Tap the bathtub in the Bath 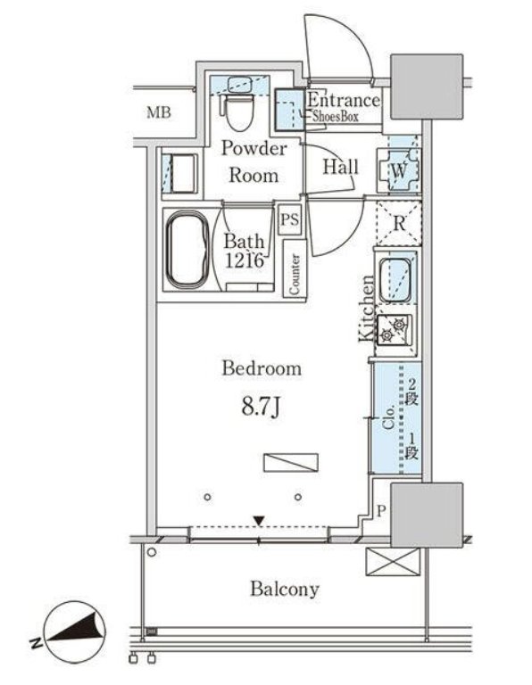[x=188, y=250]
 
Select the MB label [x=159, y=112]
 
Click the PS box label [x=290, y=219]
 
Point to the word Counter [x=295, y=275]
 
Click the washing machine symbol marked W [x=399, y=170]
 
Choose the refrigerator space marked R [x=399, y=223]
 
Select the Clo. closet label [x=388, y=417]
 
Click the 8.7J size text [x=261, y=407]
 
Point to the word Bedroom [x=262, y=367]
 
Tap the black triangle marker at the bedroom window [x=259, y=521]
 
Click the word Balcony [x=285, y=590]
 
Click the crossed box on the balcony [x=393, y=562]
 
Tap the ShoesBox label [x=336, y=116]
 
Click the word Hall [x=340, y=167]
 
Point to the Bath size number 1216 [x=245, y=260]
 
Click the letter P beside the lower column [x=381, y=511]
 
